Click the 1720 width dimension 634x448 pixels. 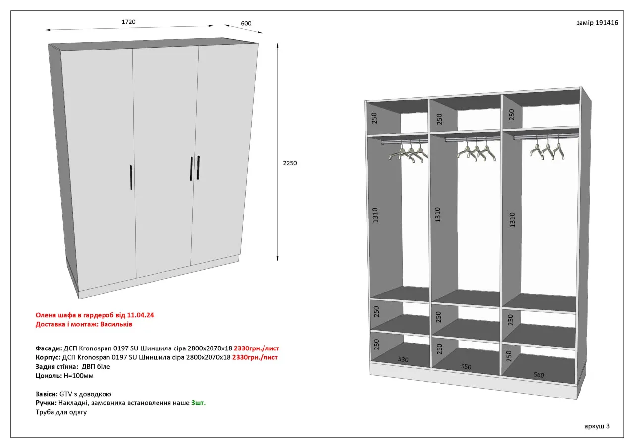tap(128, 22)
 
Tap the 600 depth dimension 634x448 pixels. tap(246, 23)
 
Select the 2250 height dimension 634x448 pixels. tap(290, 163)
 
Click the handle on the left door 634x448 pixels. tap(131, 177)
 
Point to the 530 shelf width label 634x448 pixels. tap(403, 359)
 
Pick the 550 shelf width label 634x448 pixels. tap(466, 366)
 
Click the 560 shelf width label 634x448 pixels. tap(539, 375)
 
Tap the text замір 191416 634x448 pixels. tap(597, 23)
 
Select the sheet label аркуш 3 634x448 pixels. tap(597, 426)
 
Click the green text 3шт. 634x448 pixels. tap(199, 403)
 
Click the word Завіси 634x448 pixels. tap(47, 394)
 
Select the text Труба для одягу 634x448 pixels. tap(61, 412)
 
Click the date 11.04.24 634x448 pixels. tap(140, 315)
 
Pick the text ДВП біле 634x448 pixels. tap(96, 366)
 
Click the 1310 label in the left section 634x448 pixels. tap(375, 215)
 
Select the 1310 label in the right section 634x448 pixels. tap(512, 220)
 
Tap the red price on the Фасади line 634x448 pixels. tap(257, 348)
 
